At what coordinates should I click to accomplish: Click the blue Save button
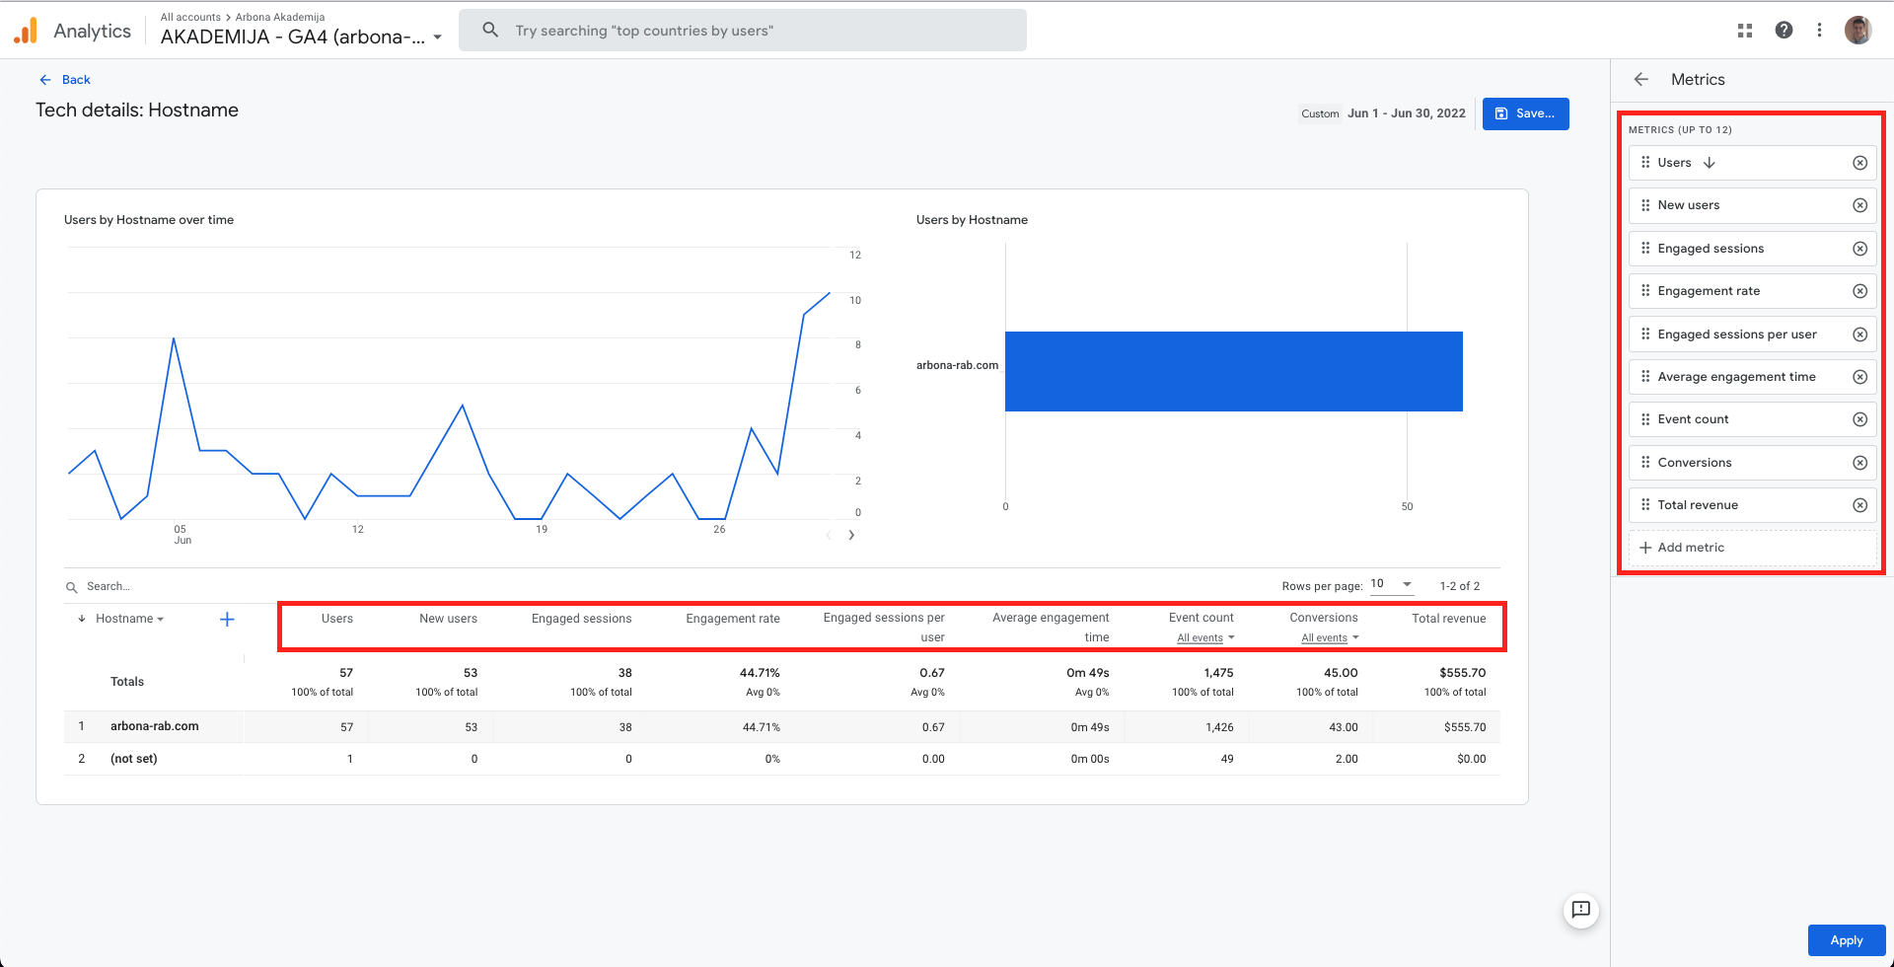point(1525,113)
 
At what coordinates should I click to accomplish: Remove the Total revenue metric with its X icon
point(1859,505)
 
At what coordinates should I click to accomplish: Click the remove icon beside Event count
point(1859,419)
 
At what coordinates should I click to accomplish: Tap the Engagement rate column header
point(733,619)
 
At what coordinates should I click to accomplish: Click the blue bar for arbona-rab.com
point(1233,371)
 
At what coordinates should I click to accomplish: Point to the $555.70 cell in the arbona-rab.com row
point(1465,727)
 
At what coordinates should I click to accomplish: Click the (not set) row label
point(134,759)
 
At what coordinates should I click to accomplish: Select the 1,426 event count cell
point(1219,727)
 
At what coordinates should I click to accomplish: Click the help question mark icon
point(1784,30)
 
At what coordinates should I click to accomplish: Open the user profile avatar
point(1858,30)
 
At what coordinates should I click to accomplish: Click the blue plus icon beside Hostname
point(227,620)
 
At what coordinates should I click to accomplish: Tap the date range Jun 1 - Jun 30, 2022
point(1407,113)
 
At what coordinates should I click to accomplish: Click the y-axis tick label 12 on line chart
point(855,255)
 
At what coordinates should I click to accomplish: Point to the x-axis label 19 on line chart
point(542,530)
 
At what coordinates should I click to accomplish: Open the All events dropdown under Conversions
point(1330,638)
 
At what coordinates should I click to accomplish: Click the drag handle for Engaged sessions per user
point(1645,334)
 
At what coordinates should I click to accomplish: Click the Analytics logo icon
point(26,31)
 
